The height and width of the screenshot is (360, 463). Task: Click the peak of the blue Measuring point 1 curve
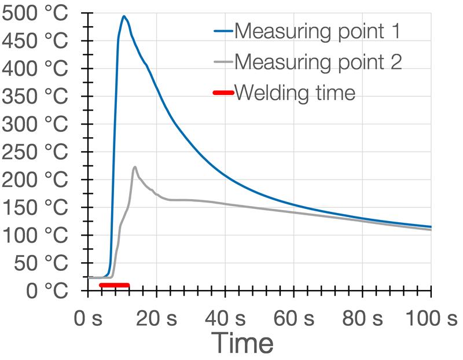tap(124, 16)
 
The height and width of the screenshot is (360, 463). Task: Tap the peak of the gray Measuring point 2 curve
tap(135, 167)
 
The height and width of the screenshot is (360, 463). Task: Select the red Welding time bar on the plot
tap(115, 285)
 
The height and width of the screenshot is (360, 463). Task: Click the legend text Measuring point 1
tap(317, 31)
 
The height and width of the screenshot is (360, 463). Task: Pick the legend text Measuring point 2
tap(317, 61)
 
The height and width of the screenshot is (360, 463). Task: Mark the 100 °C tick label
tap(35, 235)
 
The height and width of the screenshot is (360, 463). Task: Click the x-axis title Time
tap(242, 343)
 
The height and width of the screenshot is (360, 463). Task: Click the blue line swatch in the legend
tap(222, 31)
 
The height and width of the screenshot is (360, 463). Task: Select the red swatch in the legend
tap(222, 91)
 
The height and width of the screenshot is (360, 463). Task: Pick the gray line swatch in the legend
tap(222, 61)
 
